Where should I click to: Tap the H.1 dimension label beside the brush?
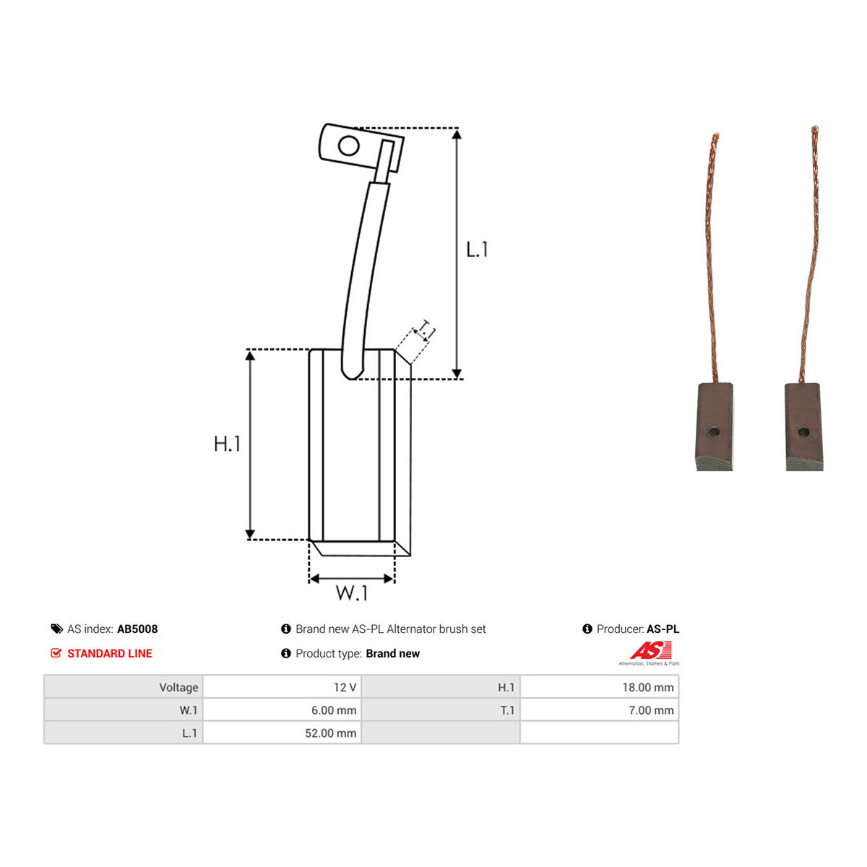tap(227, 444)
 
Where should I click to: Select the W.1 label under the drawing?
tap(351, 592)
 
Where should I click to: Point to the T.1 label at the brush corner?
tap(426, 331)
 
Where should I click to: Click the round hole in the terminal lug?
tap(348, 146)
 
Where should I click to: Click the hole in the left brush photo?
tap(714, 432)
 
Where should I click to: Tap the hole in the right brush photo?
tap(803, 433)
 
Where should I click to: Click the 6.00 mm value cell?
tap(282, 710)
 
